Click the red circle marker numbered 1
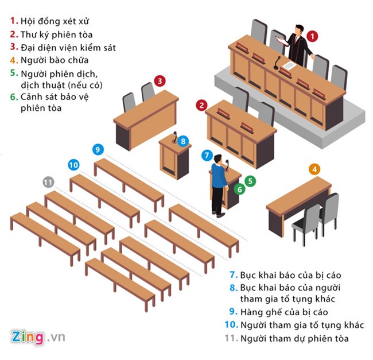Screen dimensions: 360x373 313,36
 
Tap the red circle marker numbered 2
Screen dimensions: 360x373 201,105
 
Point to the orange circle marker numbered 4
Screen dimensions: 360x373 315,169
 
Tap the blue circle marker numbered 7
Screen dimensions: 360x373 207,155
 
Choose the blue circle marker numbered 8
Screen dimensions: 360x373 182,141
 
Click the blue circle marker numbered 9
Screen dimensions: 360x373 99,150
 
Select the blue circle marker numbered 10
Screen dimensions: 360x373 73,165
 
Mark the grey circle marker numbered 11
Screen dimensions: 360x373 48,183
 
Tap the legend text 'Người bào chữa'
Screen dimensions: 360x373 53,60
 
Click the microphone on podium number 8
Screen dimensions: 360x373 174,137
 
